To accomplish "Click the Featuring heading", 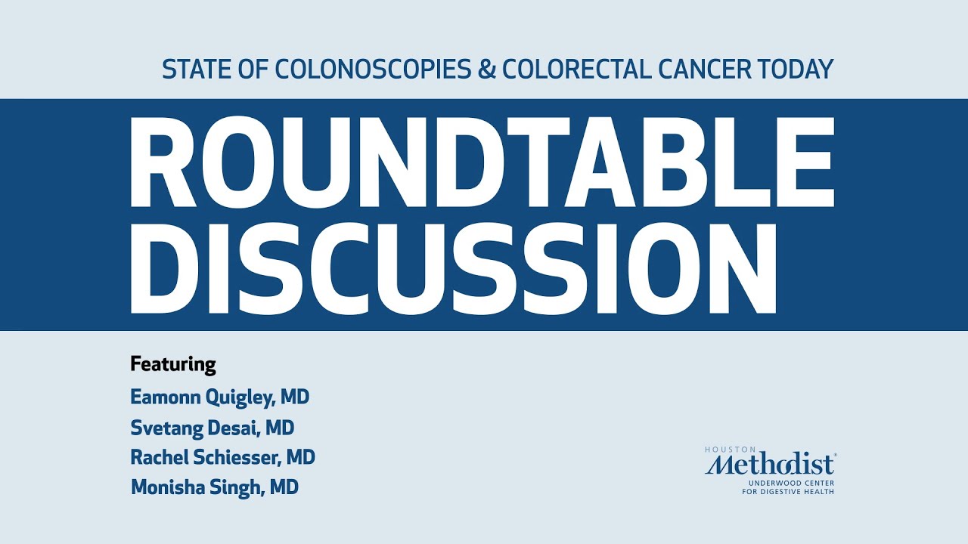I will point(173,364).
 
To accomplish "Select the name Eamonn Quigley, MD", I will point(220,397).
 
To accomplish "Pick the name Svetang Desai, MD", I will point(213,428).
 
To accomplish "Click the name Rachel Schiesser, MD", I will point(223,457).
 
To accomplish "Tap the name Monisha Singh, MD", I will point(215,487).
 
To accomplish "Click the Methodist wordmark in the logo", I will point(770,464).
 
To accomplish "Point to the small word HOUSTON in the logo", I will point(724,450).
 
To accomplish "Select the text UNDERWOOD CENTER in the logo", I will point(792,482).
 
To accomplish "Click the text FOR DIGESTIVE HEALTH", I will point(788,492).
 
